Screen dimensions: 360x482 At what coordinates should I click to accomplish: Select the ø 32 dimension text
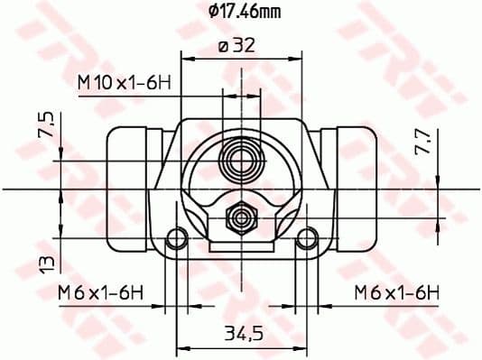click(x=236, y=45)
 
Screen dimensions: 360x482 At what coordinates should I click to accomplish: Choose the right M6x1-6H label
click(x=396, y=291)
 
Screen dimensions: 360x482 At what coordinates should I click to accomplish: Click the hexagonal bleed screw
click(x=242, y=217)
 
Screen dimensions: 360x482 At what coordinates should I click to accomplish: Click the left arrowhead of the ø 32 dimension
click(x=186, y=56)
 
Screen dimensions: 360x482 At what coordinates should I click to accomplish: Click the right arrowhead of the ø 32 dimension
click(x=298, y=56)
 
